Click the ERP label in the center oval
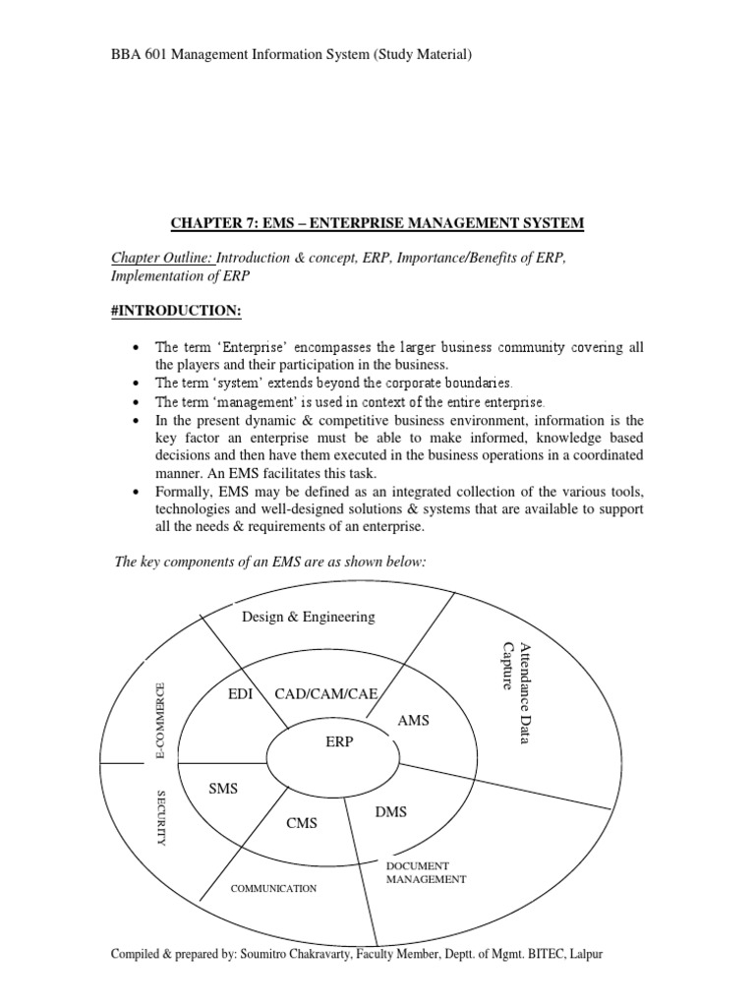click(x=338, y=741)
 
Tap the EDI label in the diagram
click(x=241, y=694)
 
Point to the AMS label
click(x=414, y=721)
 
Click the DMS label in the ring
click(x=390, y=811)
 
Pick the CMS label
click(x=302, y=823)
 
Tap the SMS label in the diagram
click(x=224, y=789)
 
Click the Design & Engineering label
click(x=309, y=617)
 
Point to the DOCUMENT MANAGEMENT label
click(x=425, y=872)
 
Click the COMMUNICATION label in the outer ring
click(x=273, y=888)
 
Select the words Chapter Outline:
click(x=161, y=258)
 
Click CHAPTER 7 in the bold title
click(x=206, y=223)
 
